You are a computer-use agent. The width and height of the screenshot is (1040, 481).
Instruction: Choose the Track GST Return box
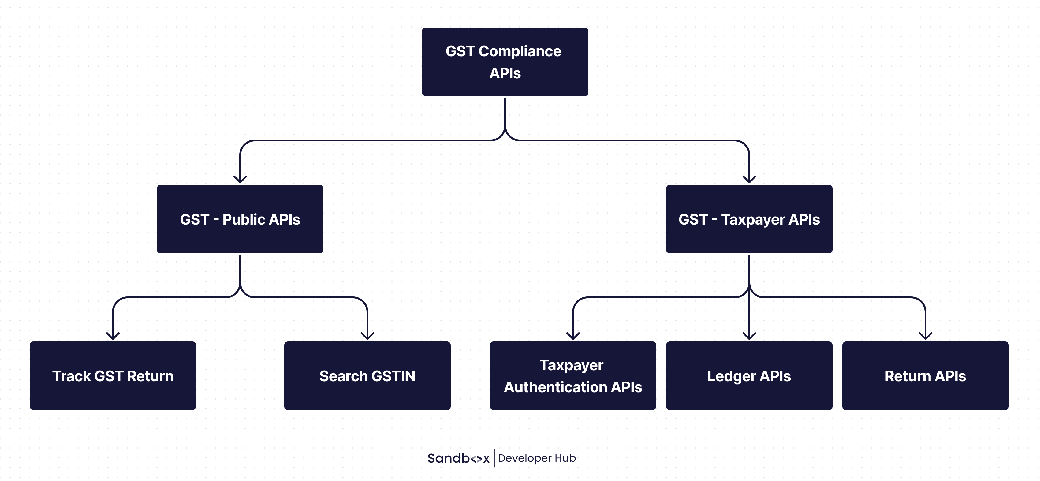click(x=113, y=376)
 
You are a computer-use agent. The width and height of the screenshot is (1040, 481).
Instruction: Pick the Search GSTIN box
click(x=367, y=376)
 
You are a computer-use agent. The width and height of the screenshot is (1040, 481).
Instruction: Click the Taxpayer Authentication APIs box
click(x=573, y=376)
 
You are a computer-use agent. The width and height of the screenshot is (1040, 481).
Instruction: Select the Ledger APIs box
click(x=749, y=376)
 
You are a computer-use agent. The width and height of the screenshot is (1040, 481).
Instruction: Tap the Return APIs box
click(x=925, y=376)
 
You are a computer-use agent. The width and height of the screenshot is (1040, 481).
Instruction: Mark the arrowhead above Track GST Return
click(x=113, y=336)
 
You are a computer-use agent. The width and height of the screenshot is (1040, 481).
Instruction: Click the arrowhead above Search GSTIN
click(x=367, y=336)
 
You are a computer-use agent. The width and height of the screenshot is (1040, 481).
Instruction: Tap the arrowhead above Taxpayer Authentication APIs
click(x=573, y=336)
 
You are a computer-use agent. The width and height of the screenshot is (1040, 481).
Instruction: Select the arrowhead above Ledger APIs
click(x=749, y=336)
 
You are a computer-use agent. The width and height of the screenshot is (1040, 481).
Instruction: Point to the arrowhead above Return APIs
click(x=925, y=336)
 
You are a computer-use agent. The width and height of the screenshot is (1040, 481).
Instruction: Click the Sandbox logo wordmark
click(x=458, y=458)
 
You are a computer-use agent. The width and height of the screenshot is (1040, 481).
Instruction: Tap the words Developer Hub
click(x=537, y=458)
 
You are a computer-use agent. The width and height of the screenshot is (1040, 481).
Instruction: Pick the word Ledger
click(x=732, y=376)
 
